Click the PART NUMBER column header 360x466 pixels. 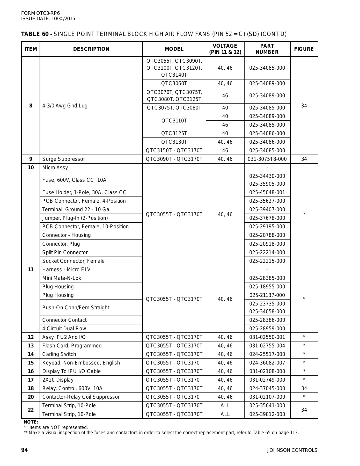(x=267, y=49)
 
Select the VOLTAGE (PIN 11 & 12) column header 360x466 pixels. (x=225, y=49)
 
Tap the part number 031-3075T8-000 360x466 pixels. (x=267, y=159)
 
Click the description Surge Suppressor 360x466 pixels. (x=64, y=159)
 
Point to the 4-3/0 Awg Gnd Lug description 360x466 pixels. (x=65, y=106)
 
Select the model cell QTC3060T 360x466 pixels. (x=174, y=83)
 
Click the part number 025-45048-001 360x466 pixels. (x=267, y=192)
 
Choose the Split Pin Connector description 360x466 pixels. (x=65, y=252)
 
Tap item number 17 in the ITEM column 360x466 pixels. (x=31, y=380)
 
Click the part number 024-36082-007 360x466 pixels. (x=267, y=363)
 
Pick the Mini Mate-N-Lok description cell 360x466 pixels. (x=62, y=278)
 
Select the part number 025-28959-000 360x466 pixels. (x=267, y=329)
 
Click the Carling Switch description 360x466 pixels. (x=59, y=354)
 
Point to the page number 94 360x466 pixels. (x=24, y=450)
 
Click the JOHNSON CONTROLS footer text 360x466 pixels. (x=292, y=450)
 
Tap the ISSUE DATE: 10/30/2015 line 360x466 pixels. (x=48, y=19)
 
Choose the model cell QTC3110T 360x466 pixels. (x=174, y=121)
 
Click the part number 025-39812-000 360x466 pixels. (x=267, y=414)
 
